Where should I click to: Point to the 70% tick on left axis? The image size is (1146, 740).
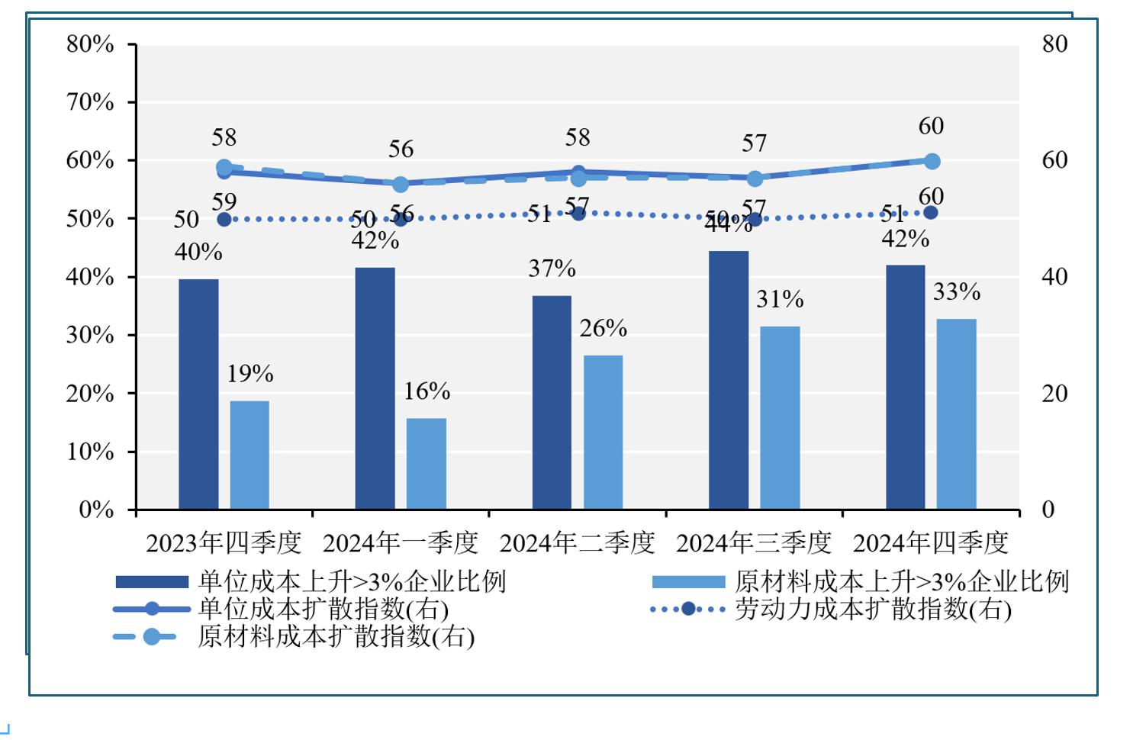tap(90, 102)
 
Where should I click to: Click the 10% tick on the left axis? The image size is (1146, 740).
tap(90, 452)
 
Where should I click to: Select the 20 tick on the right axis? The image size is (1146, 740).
tap(1054, 394)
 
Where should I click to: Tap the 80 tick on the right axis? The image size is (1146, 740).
tap(1054, 44)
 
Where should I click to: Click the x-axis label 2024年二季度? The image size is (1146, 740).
tap(577, 543)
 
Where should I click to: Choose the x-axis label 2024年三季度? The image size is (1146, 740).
tap(754, 543)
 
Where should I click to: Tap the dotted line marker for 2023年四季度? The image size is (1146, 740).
tap(224, 220)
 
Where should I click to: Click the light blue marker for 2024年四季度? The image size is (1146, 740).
tap(932, 161)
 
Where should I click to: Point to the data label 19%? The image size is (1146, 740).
tap(249, 374)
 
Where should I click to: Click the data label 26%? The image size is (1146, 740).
tap(603, 329)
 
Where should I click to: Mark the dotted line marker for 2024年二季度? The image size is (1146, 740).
tap(578, 214)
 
